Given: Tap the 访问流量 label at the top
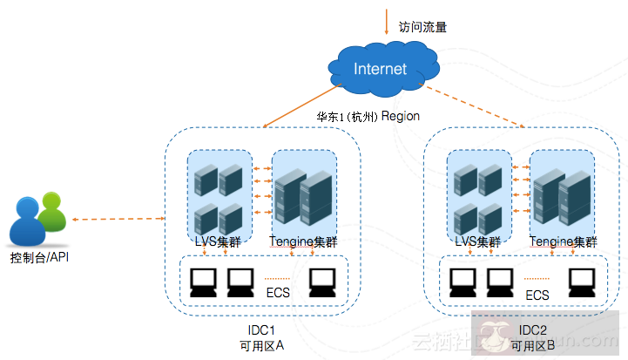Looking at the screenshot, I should [x=422, y=27].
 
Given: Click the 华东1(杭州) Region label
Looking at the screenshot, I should [x=368, y=116].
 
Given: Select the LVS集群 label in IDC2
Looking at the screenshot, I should [x=478, y=241].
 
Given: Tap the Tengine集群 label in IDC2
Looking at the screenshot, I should [x=564, y=241].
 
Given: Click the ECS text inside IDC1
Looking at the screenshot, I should [x=278, y=293].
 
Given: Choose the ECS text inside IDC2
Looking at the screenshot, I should [x=537, y=295].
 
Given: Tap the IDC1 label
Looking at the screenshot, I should [x=262, y=331].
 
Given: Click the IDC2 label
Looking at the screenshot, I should [x=532, y=331].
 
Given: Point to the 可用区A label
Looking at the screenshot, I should [x=262, y=346].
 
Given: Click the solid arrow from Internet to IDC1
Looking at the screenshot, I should [x=300, y=106].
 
